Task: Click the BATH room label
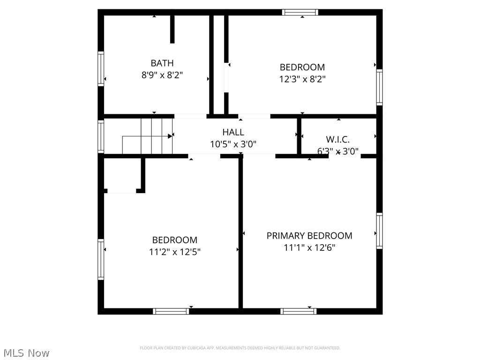point(162,63)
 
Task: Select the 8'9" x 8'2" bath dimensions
point(162,75)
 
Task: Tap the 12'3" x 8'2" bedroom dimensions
point(302,79)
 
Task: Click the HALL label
point(233,132)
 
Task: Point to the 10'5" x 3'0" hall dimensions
point(233,144)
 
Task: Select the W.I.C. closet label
point(337,139)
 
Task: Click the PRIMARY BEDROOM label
point(309,235)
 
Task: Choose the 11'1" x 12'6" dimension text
point(309,247)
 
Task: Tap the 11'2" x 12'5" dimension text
point(175,252)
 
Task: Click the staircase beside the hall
point(148,136)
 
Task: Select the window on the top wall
point(300,12)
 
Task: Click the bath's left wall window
point(101,69)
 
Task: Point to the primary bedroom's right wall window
point(379,231)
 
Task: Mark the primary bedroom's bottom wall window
point(298,311)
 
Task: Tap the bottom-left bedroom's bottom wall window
point(171,311)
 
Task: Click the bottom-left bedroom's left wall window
point(101,259)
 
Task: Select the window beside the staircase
point(101,136)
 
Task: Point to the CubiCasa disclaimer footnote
point(240,348)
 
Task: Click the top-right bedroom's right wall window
point(379,87)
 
